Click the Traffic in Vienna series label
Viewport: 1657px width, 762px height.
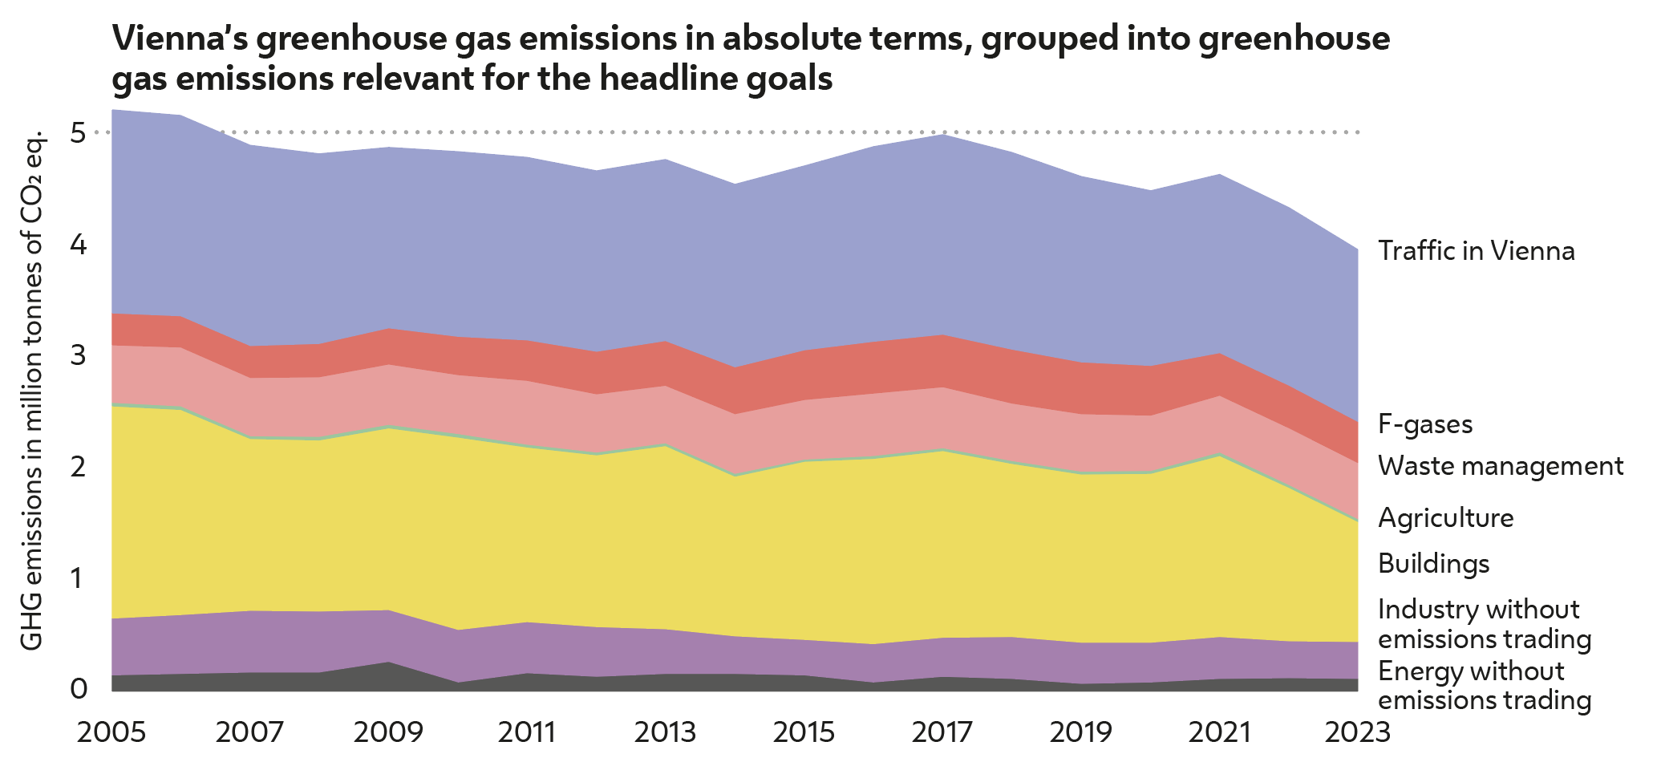click(1476, 252)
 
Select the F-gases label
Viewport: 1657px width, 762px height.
click(1425, 424)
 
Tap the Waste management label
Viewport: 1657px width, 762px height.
click(1500, 466)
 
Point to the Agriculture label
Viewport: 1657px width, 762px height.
click(1445, 518)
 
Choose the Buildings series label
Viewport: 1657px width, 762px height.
click(1433, 564)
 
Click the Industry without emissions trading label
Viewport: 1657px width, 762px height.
click(1484, 624)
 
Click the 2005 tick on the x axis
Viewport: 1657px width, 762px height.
click(111, 732)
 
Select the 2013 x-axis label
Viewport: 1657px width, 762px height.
click(665, 732)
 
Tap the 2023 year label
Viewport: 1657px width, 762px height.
click(1356, 732)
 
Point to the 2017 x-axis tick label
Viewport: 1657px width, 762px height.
click(942, 732)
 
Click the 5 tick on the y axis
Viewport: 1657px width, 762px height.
click(78, 132)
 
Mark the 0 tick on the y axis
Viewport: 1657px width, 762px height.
click(78, 688)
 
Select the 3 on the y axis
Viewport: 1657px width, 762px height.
click(78, 355)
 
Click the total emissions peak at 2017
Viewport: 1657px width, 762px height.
click(943, 136)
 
